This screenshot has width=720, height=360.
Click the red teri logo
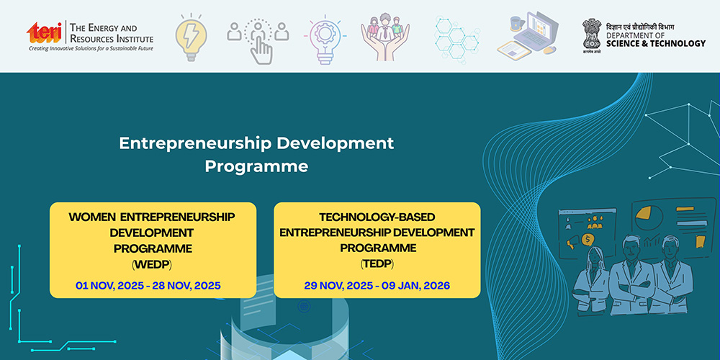click(45, 32)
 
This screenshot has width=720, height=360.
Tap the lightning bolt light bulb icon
click(191, 37)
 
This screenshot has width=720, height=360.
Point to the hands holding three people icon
click(384, 37)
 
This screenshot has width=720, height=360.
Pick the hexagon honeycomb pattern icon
click(457, 37)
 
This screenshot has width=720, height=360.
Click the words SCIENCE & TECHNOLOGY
click(656, 44)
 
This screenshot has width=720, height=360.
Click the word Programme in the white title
click(256, 166)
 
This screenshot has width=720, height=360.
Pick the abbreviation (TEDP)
click(377, 264)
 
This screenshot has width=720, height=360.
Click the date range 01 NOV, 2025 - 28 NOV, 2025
click(148, 286)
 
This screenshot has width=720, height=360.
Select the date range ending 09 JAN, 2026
click(377, 286)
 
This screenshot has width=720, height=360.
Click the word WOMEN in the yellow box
click(92, 217)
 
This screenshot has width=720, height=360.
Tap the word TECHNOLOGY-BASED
click(377, 216)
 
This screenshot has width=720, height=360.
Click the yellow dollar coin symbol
click(588, 240)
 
